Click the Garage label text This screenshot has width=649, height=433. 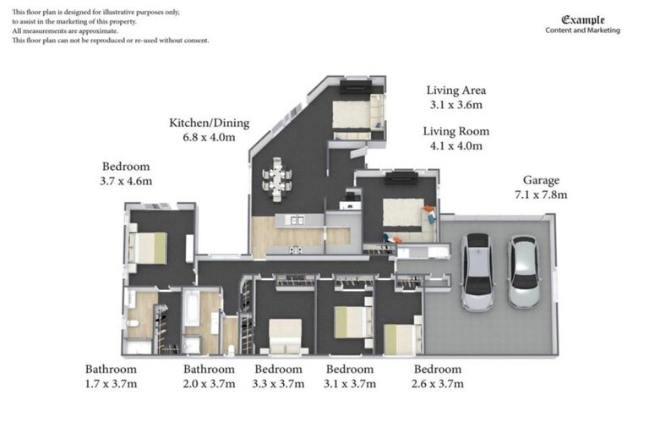pos(541,180)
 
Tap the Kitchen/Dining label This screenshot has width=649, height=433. pos(209,123)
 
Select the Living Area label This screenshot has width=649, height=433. pos(455,90)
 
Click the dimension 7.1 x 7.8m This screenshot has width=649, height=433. pos(541,195)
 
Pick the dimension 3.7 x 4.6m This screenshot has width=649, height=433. pos(127,180)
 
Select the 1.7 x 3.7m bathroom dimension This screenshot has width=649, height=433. pos(111,383)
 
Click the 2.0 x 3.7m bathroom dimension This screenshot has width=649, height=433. pos(210,383)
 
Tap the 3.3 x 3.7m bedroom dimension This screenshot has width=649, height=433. pos(278,383)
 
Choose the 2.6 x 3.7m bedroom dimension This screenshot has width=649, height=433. pos(437,383)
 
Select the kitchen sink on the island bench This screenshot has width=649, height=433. pos(296,221)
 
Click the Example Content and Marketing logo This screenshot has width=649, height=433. pos(582,25)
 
